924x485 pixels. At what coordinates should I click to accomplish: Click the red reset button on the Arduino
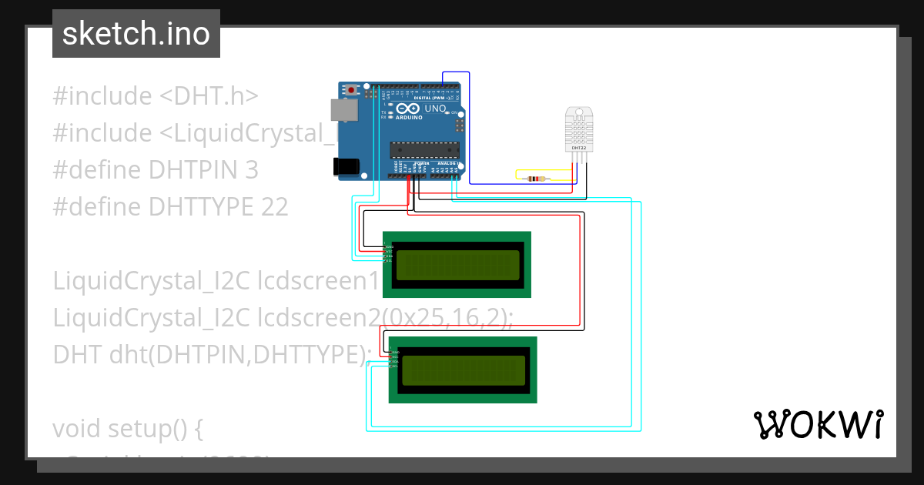tap(352, 90)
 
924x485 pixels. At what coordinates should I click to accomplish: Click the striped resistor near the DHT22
tap(534, 179)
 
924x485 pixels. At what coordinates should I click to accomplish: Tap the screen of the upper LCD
tap(457, 265)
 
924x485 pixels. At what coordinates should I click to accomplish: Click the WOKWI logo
tap(819, 424)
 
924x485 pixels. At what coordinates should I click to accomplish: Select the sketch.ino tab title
tap(136, 34)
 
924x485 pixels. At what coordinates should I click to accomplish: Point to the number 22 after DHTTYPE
tap(274, 206)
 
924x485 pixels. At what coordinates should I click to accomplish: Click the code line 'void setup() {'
tap(128, 428)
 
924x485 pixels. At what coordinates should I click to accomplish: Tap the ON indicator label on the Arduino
tap(454, 113)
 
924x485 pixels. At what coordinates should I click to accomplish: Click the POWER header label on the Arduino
tap(422, 163)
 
